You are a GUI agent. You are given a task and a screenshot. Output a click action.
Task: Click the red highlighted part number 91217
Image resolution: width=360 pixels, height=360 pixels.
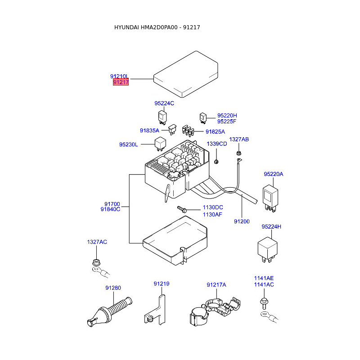[x=121, y=82]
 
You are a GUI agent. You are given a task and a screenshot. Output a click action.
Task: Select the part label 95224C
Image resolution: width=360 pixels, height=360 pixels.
[x=164, y=103]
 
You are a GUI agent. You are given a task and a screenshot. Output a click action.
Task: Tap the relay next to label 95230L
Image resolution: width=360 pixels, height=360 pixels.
[x=160, y=144]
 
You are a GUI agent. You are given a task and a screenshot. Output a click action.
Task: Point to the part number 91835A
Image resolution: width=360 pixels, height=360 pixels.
[x=149, y=130]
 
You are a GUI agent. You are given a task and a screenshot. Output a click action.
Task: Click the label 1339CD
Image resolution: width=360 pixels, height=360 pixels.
[x=217, y=144]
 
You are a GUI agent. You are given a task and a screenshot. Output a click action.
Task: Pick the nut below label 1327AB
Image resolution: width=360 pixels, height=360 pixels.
[x=239, y=153]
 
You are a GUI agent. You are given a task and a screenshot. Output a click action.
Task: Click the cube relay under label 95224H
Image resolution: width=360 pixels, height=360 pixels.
[x=267, y=250]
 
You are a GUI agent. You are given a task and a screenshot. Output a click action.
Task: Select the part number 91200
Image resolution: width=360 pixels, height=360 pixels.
[x=242, y=221]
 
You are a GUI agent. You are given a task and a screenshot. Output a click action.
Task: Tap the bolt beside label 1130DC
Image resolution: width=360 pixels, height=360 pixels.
[x=182, y=209]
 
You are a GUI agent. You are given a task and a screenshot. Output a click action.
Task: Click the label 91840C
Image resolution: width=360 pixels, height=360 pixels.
[x=110, y=209]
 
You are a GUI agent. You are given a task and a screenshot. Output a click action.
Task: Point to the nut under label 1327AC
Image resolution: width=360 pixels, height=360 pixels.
[x=96, y=262]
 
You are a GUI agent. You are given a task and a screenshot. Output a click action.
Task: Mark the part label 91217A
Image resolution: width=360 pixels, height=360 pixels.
[x=216, y=285]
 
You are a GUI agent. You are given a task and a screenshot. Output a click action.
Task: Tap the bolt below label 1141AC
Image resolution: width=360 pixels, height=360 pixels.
[x=264, y=303]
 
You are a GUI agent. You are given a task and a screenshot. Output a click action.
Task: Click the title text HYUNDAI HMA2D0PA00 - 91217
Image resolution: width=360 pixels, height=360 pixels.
[x=157, y=27]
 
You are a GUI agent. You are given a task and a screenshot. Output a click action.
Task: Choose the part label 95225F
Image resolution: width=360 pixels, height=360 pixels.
[x=227, y=121]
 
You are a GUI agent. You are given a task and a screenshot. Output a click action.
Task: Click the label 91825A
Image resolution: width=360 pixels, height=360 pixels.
[x=215, y=132]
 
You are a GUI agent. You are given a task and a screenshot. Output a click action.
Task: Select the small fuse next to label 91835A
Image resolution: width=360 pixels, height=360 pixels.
[x=172, y=130]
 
